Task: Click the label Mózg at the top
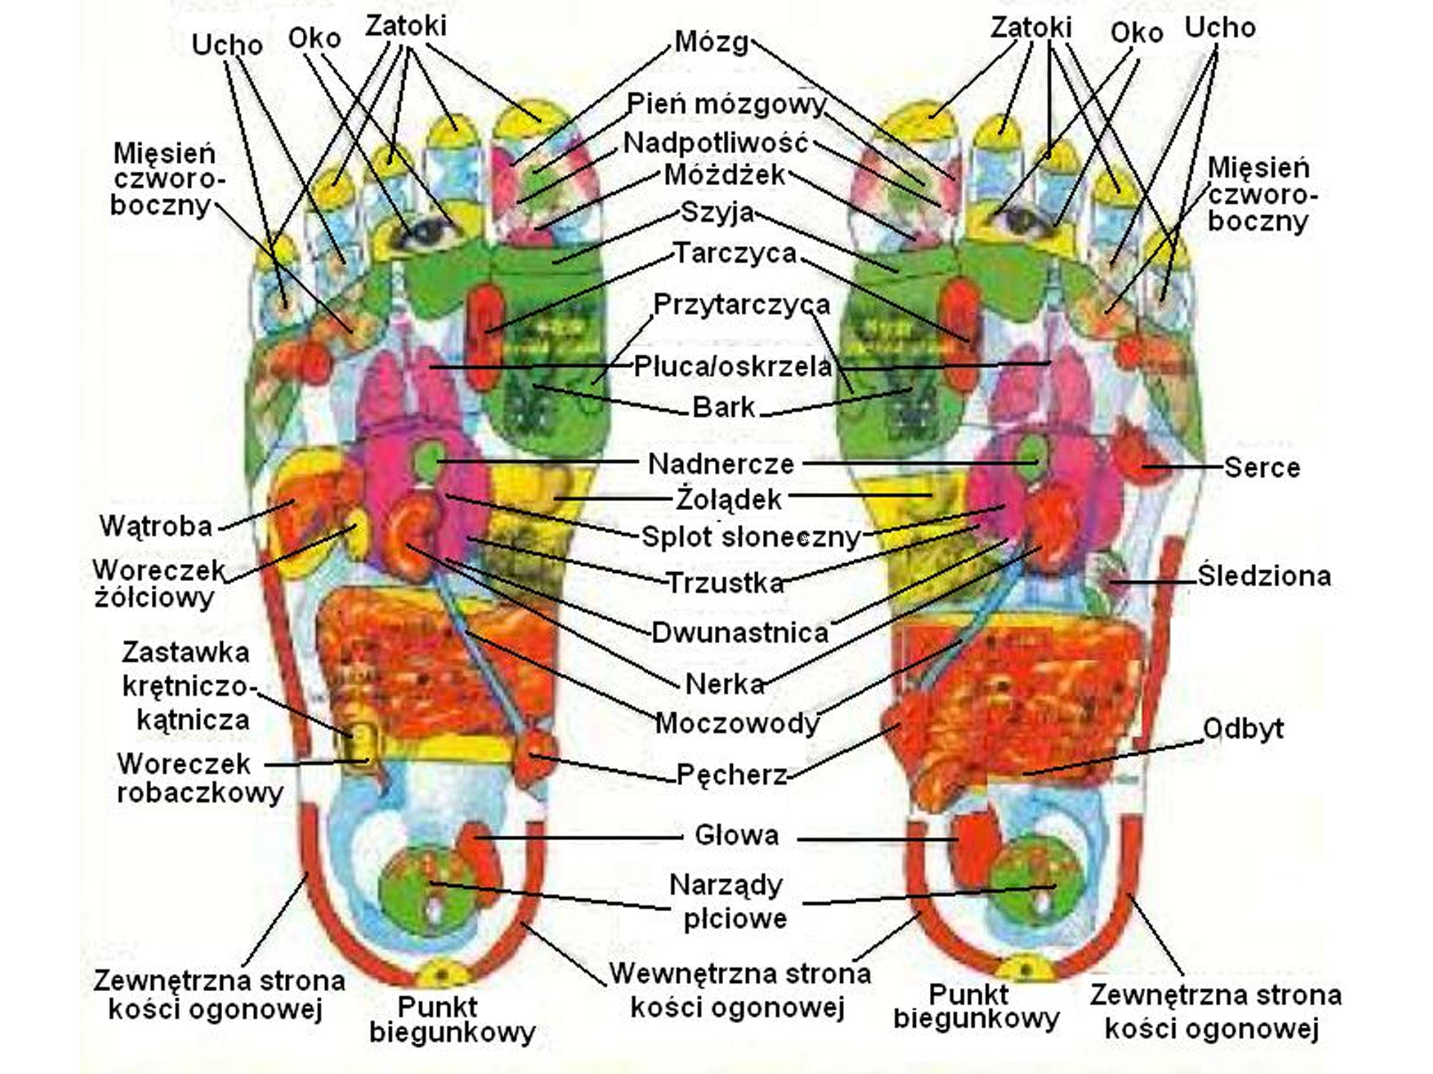click(x=711, y=42)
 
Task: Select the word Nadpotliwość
click(x=716, y=143)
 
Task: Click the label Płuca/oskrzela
click(x=733, y=367)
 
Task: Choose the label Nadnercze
click(x=720, y=464)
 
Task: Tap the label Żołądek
click(x=729, y=499)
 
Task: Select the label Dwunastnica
click(x=740, y=633)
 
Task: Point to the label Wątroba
click(x=156, y=526)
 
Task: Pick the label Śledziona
click(x=1264, y=576)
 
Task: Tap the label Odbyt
click(x=1243, y=729)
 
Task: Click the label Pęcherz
click(x=732, y=774)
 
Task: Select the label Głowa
click(x=737, y=835)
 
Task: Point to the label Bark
click(x=724, y=407)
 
